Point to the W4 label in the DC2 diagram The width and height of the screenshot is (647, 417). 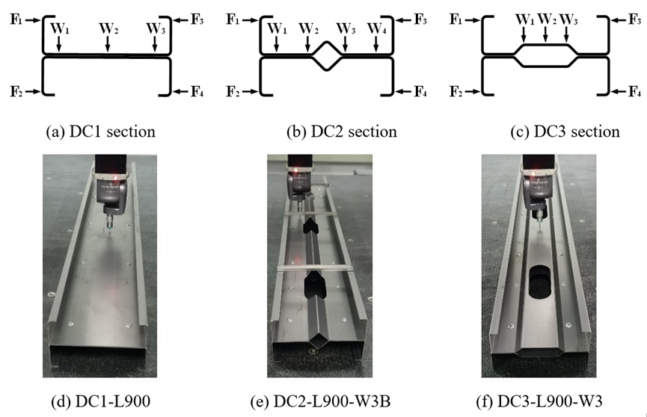tap(378, 28)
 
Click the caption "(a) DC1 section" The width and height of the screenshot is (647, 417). tap(100, 132)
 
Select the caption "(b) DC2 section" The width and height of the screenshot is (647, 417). tap(342, 132)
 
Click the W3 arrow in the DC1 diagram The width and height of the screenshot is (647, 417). tap(155, 45)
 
